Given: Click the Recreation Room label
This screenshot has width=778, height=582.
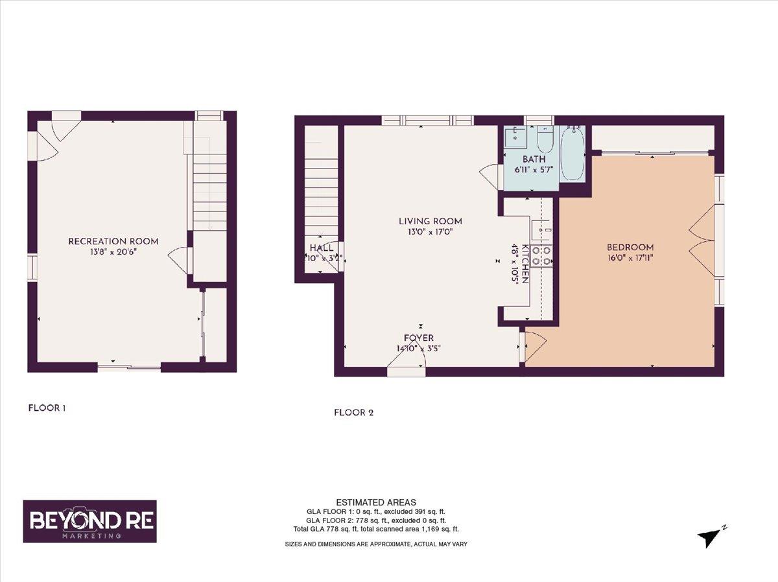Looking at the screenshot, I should point(113,242).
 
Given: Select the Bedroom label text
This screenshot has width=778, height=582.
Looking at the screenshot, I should point(630,247).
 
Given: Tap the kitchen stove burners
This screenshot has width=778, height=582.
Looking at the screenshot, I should point(541,255).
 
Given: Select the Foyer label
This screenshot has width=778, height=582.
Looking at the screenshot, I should point(419,338).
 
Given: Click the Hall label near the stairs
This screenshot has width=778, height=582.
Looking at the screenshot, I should point(322,248).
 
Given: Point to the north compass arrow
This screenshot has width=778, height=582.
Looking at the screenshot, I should point(710,537).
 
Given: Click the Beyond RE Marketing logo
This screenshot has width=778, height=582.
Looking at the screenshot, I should point(90,521).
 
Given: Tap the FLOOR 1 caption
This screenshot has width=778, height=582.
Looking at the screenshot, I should point(47,408).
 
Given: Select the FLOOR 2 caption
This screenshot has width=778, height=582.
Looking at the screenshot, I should point(353,412).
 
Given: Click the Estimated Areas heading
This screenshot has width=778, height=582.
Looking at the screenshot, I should point(376,502).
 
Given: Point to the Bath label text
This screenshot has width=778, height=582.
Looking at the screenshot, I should point(534,159).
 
